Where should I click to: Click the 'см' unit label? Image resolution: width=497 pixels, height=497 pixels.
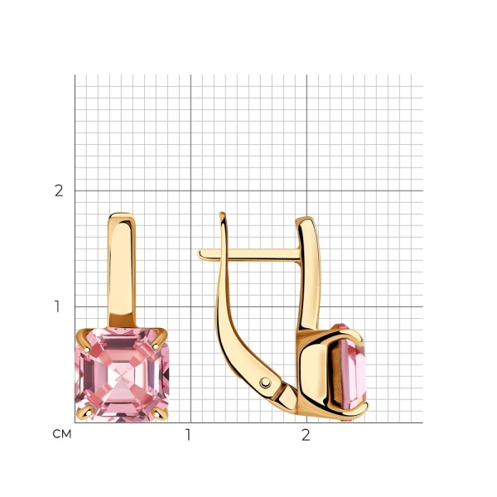pyautogui.click(x=62, y=434)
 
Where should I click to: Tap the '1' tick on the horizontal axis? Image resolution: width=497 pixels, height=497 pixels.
pyautogui.click(x=188, y=435)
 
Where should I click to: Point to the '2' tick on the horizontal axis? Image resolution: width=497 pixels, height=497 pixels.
pyautogui.click(x=306, y=435)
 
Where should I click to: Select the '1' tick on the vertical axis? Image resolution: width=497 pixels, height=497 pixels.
pyautogui.click(x=57, y=306)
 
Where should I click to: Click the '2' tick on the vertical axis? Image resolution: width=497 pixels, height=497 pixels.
pyautogui.click(x=59, y=191)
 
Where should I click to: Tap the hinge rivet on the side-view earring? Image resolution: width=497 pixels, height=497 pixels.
pyautogui.click(x=265, y=383)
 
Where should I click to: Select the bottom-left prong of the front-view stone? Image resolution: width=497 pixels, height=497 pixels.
pyautogui.click(x=84, y=413)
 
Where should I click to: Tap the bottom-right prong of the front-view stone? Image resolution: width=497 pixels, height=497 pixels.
pyautogui.click(x=160, y=413)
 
